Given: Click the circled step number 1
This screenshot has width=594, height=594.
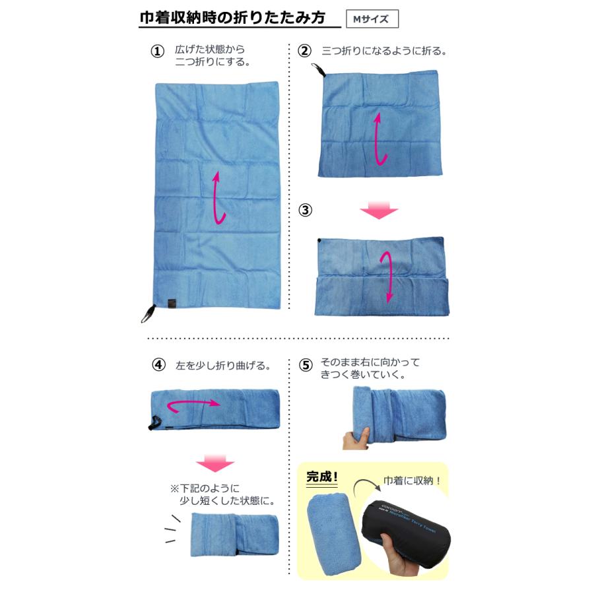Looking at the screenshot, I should click(157, 51).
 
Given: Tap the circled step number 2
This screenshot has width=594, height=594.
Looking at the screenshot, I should click(304, 51).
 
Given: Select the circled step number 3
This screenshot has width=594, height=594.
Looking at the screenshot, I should click(304, 211).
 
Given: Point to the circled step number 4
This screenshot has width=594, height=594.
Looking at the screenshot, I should click(157, 364).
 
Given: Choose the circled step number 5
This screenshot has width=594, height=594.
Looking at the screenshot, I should click(304, 366).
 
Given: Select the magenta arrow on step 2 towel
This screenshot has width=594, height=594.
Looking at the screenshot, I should click(379, 139).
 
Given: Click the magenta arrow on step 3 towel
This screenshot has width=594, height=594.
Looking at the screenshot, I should click(389, 275).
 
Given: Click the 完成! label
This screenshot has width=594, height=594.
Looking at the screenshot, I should click(323, 477).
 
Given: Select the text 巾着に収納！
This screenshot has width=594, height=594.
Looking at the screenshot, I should click(412, 480).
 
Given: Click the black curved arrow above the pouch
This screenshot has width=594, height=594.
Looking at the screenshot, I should click(362, 490).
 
